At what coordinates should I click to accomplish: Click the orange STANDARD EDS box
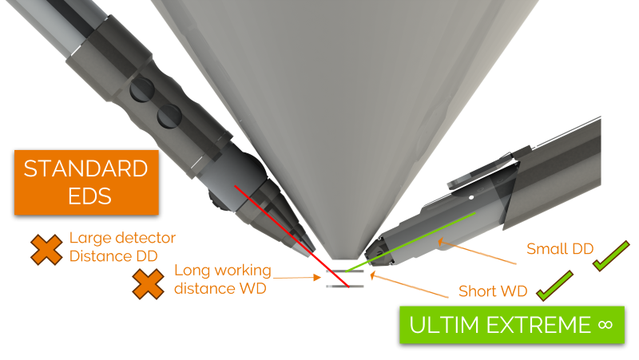[85, 184]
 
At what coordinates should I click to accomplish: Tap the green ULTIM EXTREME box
[510, 324]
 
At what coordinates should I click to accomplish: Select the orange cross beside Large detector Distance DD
[46, 250]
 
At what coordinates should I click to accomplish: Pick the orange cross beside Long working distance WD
[149, 283]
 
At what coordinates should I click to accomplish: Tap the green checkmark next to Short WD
[555, 286]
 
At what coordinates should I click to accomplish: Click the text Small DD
[559, 249]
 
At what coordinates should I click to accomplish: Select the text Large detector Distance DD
[122, 246]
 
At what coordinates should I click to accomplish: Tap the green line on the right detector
[415, 239]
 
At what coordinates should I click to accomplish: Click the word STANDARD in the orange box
[85, 169]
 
